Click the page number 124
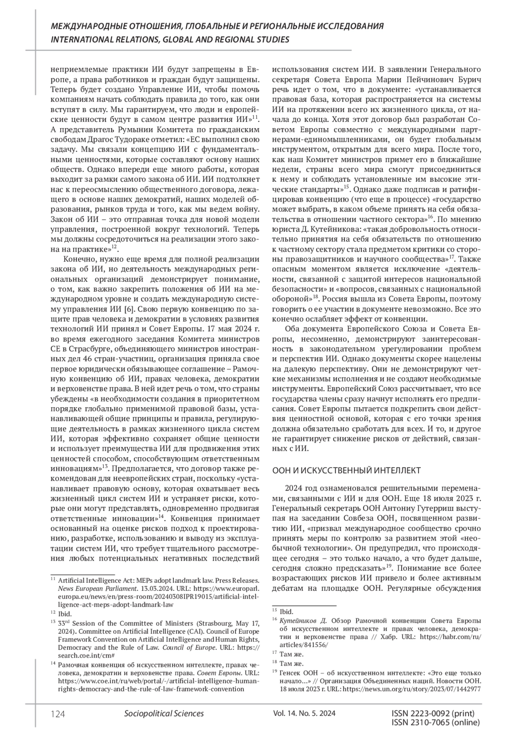[58, 714]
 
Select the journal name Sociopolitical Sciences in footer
[164, 713]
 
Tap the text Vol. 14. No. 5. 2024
[305, 713]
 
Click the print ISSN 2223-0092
[433, 713]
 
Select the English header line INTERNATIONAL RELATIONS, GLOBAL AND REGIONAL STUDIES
[170, 40]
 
